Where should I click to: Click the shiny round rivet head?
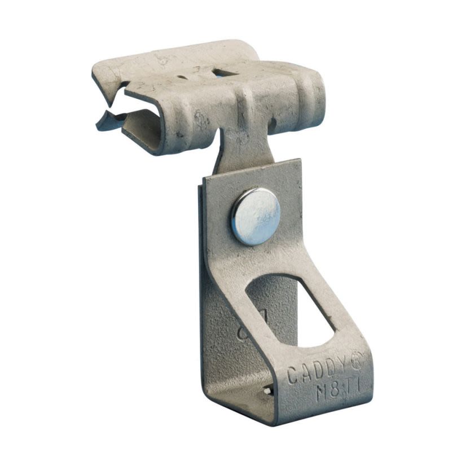pyautogui.click(x=254, y=216)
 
